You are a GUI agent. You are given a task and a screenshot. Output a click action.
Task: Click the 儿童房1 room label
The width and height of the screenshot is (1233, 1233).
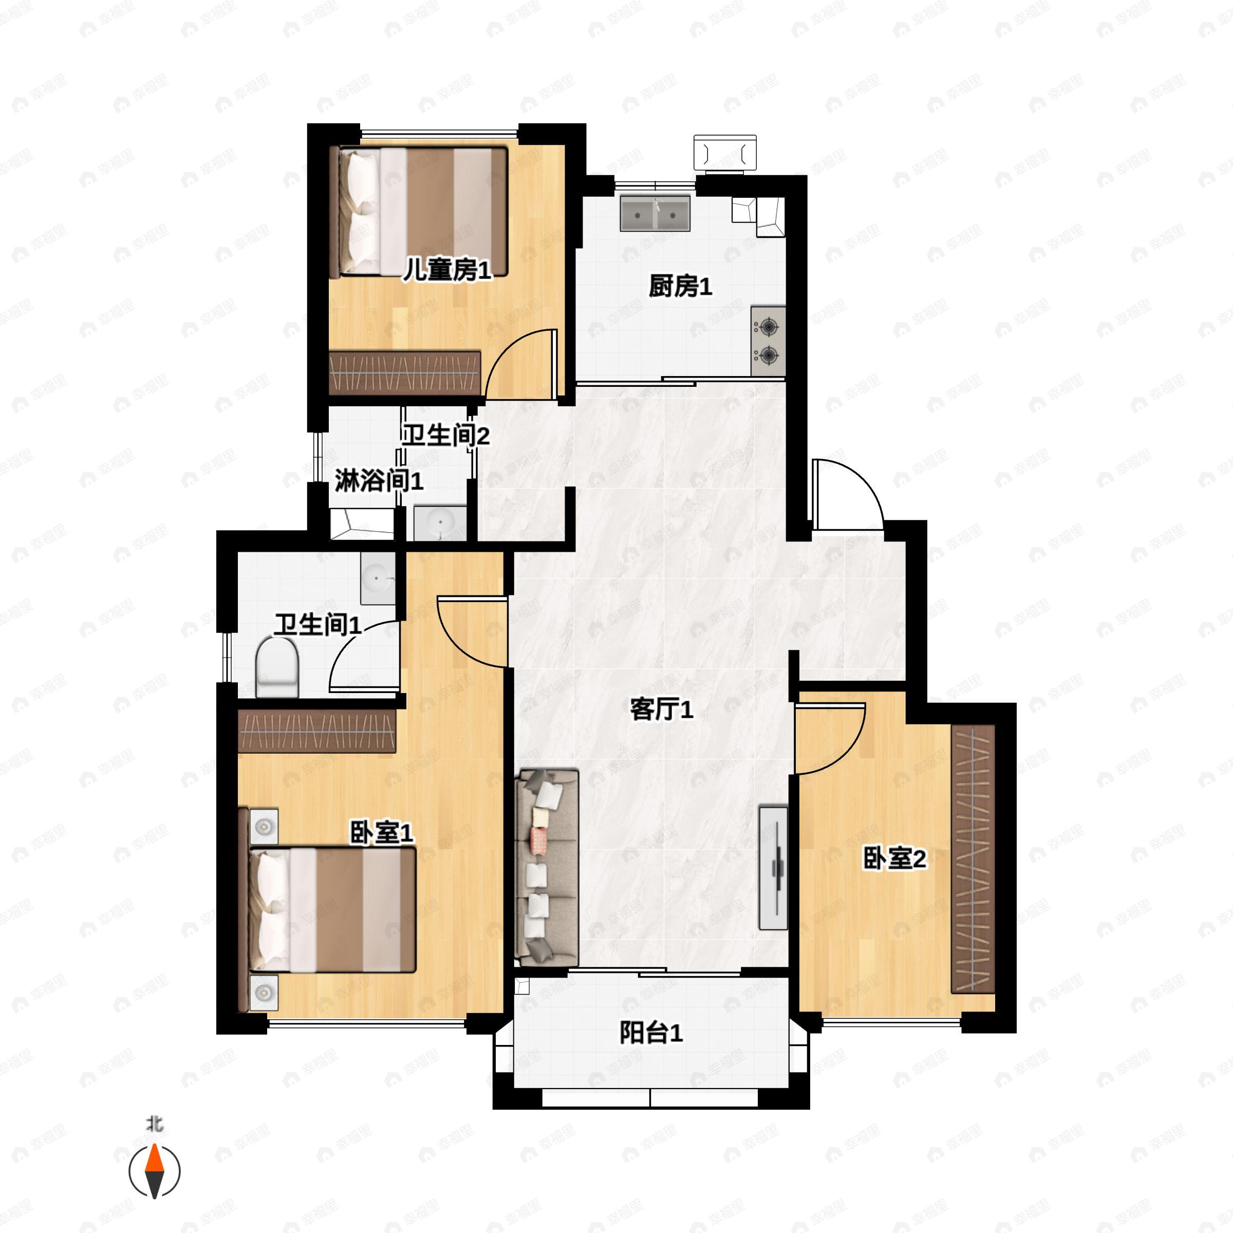point(447,271)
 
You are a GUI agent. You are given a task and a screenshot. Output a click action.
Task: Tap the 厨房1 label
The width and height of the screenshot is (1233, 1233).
point(680,287)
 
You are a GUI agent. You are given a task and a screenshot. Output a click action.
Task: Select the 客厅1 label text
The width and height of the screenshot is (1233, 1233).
point(661,709)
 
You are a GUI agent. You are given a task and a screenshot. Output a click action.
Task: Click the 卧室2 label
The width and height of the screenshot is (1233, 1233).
point(894,858)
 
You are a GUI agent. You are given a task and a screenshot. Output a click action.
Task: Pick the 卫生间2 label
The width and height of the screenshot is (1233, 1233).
point(445,435)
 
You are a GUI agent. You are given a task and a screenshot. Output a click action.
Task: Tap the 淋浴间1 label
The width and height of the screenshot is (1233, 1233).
point(379,480)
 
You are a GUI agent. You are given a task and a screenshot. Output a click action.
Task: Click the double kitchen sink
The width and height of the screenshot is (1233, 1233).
point(655,213)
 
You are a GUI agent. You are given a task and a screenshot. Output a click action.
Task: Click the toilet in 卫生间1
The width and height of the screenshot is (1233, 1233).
point(277,667)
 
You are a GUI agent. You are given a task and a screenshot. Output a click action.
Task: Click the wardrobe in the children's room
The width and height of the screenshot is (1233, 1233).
point(405,372)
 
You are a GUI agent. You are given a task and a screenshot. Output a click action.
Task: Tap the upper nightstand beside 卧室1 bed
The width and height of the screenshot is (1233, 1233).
point(264,827)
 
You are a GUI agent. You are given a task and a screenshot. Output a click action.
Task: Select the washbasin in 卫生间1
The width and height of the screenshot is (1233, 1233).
point(377,578)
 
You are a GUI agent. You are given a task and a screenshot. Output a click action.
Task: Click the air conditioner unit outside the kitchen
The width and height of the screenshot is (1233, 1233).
point(725,153)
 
